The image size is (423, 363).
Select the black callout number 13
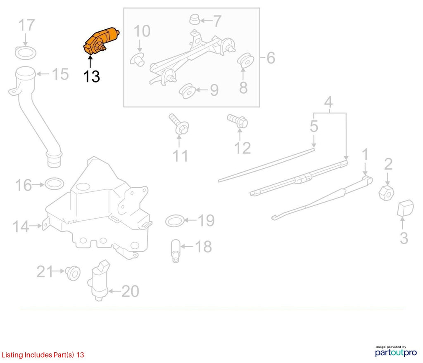(91, 77)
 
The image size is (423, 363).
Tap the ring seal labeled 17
(26, 53)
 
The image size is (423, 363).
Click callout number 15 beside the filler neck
(60, 74)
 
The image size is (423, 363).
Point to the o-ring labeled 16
(54, 184)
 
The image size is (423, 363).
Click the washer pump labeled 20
(99, 280)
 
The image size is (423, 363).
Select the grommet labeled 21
(73, 273)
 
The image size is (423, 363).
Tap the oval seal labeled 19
(175, 221)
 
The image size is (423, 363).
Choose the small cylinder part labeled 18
(176, 251)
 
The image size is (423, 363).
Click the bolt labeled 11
(179, 124)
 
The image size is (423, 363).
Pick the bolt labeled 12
(238, 121)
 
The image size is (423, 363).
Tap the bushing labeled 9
(187, 91)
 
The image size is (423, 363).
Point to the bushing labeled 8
(245, 61)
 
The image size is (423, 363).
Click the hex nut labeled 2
(386, 193)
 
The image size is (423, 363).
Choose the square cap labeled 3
(405, 208)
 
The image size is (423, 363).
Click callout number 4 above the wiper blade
(328, 102)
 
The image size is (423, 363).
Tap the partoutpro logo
(396, 351)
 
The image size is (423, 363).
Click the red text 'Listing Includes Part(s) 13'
(43, 355)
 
